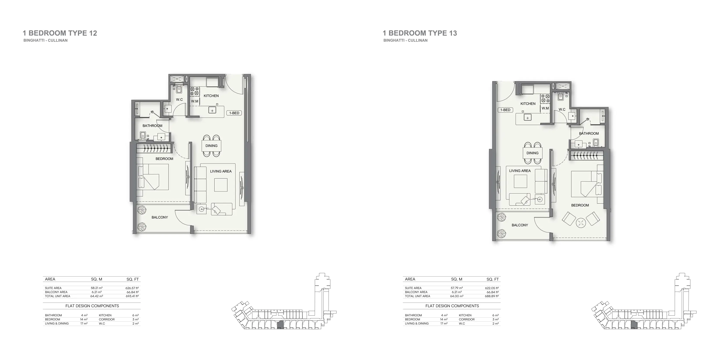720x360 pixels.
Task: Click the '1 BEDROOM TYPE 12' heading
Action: tap(60, 33)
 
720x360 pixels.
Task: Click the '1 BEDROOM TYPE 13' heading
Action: tap(420, 33)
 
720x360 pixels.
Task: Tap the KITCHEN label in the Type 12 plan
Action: tap(211, 96)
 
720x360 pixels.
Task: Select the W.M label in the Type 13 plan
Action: tap(545, 108)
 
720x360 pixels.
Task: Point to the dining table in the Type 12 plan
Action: tap(211, 146)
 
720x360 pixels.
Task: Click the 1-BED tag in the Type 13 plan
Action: tap(505, 110)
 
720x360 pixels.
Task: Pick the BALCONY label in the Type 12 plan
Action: tap(160, 217)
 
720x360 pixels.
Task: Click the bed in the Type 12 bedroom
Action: tap(153, 177)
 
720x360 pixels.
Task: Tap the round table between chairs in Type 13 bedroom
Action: tap(581, 222)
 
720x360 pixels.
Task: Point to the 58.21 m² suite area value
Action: tap(97, 288)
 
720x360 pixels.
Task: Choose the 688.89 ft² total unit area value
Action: tap(492, 296)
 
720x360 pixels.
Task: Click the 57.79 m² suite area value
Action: tap(457, 288)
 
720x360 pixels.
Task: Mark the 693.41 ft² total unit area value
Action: tap(132, 296)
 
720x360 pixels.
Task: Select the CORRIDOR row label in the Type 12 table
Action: tap(106, 320)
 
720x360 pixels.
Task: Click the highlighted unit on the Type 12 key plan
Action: tap(280, 325)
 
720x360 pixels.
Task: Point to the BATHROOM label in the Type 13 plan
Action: tap(589, 134)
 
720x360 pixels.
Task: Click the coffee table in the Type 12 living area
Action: tap(221, 185)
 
